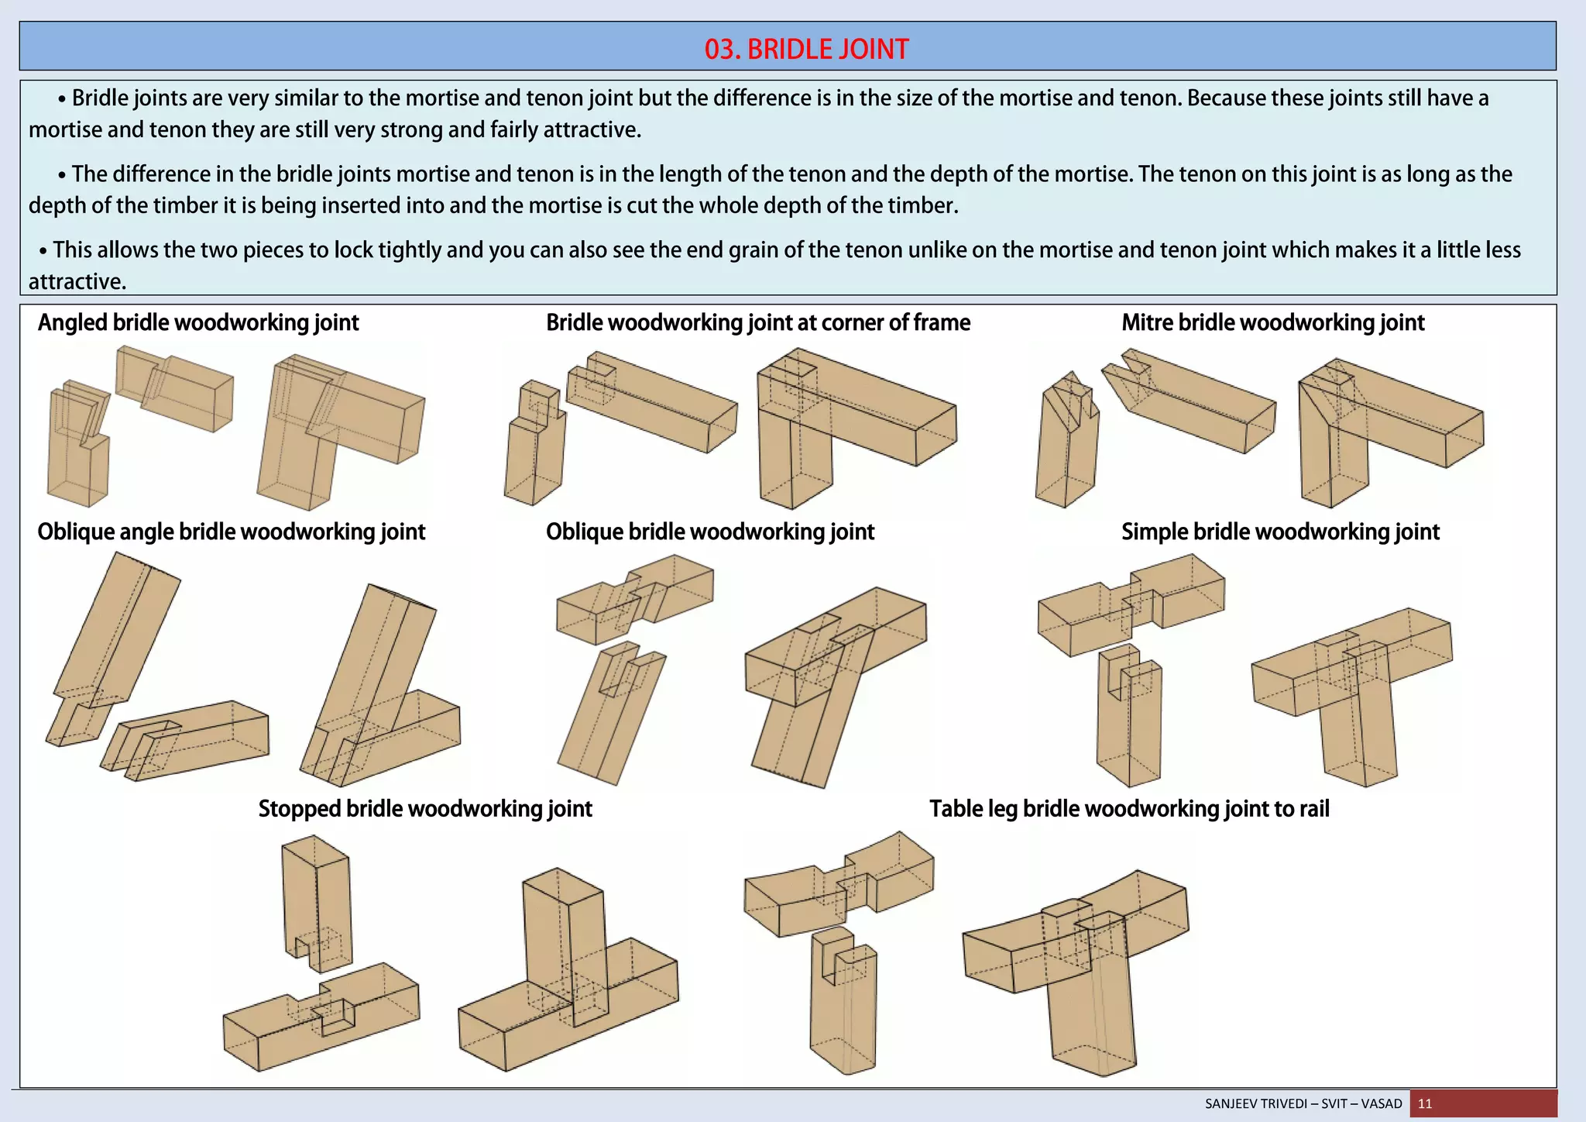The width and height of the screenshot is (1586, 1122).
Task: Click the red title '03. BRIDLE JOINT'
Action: pos(806,49)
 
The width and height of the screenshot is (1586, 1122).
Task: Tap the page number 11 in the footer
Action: pos(1425,1103)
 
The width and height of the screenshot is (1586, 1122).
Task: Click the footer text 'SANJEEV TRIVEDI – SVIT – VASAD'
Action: pos(1303,1103)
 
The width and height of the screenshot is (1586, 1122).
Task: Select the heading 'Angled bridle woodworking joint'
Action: pos(198,322)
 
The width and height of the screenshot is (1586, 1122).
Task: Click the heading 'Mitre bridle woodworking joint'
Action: pos(1272,322)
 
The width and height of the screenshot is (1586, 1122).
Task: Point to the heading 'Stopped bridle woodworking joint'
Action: pos(425,808)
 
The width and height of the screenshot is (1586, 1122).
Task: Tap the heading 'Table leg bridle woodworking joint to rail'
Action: pos(1129,808)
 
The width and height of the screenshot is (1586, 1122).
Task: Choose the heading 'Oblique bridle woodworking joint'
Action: pos(709,532)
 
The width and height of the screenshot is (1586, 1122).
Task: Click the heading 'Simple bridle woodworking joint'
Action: pos(1280,532)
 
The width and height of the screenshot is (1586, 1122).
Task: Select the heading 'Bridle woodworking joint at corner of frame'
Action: pos(758,322)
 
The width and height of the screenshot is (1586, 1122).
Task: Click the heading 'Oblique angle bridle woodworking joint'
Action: pos(232,532)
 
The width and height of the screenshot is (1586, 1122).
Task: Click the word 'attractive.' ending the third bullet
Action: pos(77,281)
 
